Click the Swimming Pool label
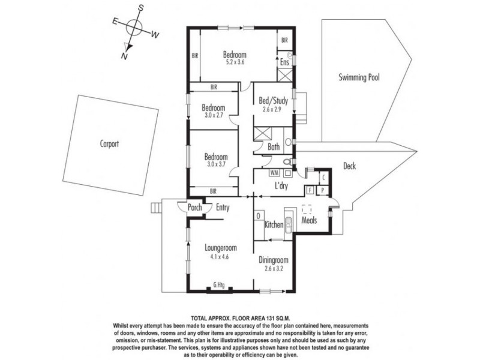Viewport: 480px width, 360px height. pos(359,77)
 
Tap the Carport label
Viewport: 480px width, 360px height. pos(109,143)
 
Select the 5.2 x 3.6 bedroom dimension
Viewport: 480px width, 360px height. pos(235,62)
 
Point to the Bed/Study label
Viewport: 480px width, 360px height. pos(273,100)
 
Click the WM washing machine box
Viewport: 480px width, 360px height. pos(274,173)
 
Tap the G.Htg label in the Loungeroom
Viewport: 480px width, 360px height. pos(219,285)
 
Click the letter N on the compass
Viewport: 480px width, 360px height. pos(124,56)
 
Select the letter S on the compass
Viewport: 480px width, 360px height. pos(140,8)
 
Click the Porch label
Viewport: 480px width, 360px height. pos(194,207)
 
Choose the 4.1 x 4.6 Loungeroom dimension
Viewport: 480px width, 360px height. pos(220,257)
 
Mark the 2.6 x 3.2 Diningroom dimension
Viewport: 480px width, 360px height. pos(274,269)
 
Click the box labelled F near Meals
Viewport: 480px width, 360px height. pos(310,190)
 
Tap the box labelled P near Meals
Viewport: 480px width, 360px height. pos(323,190)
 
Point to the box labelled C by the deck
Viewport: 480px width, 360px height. pos(323,178)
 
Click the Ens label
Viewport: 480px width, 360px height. pos(284,62)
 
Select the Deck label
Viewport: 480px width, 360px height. pos(349,166)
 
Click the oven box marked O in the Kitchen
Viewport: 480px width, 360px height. pos(259,216)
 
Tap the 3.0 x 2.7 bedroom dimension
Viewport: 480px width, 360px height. pos(213,115)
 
